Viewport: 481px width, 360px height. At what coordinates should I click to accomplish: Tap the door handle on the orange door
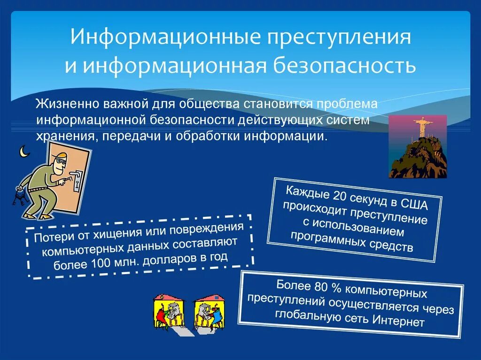click(x=77, y=179)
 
